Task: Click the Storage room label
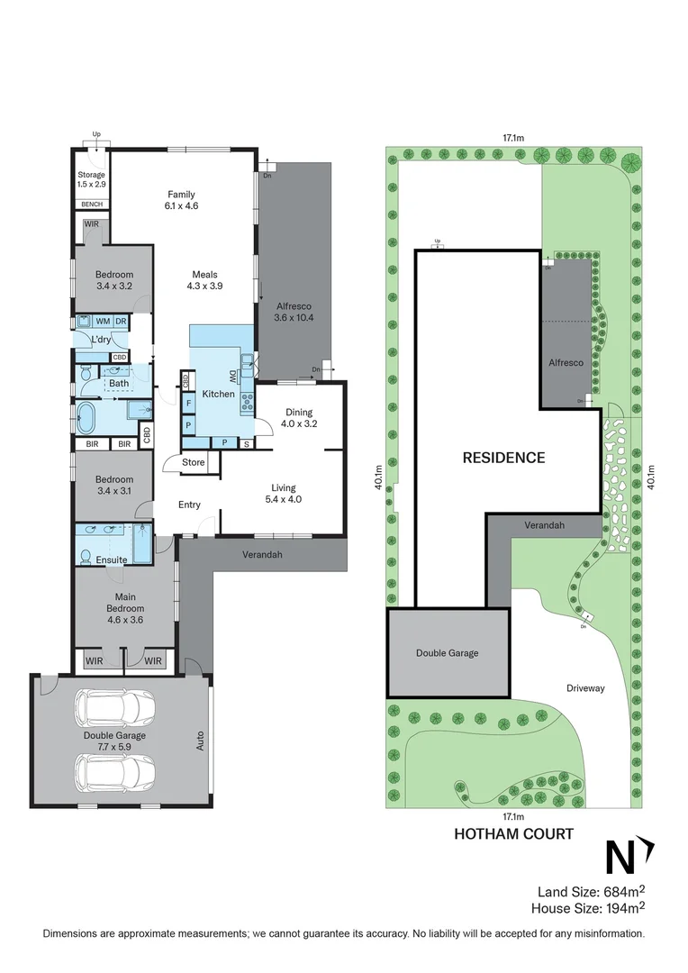coord(91,175)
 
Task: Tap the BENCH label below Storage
coord(91,205)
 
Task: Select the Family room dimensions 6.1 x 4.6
coord(181,206)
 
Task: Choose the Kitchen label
coord(218,394)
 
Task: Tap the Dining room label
coord(299,412)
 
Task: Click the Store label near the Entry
coord(194,463)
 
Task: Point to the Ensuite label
coord(113,559)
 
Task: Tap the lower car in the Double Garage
coord(114,771)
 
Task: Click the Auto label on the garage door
coord(201,741)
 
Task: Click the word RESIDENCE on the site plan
coord(503,458)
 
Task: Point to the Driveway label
coord(586,688)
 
